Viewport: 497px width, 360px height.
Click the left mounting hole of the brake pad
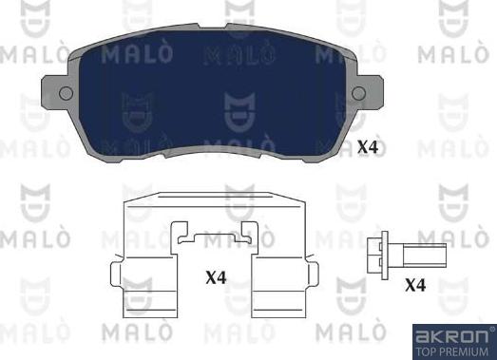(x=66, y=92)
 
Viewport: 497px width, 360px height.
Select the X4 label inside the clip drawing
(x=217, y=278)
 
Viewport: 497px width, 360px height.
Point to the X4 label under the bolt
(x=415, y=285)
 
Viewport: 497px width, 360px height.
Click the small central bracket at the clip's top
(x=217, y=235)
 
